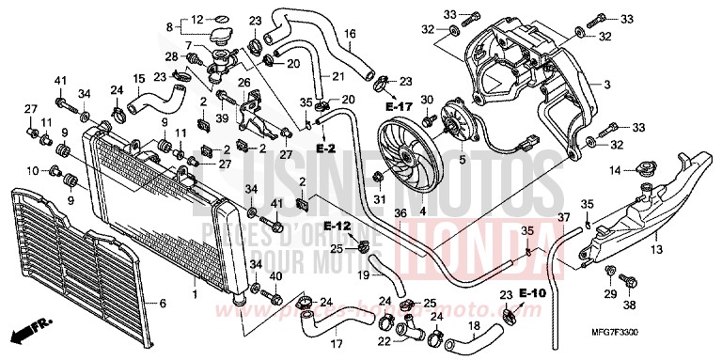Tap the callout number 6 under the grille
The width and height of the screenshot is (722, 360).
pyautogui.click(x=164, y=304)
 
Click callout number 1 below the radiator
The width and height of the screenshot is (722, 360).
pyautogui.click(x=194, y=295)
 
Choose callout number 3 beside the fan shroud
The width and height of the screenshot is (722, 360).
pyautogui.click(x=607, y=86)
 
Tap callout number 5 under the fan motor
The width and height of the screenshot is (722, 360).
pyautogui.click(x=462, y=161)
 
